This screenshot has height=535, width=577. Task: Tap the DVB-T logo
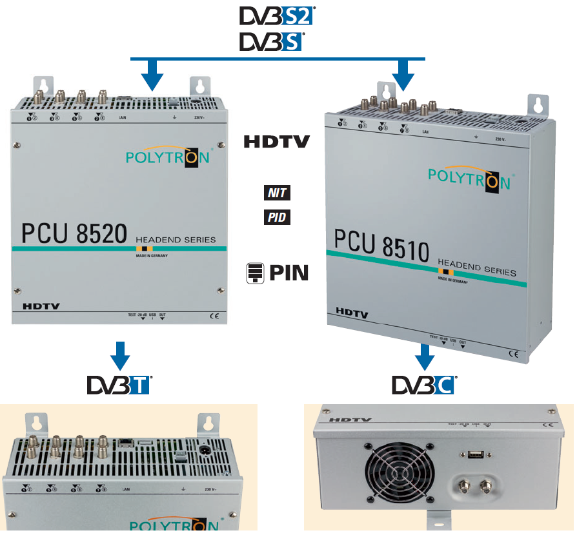[119, 385]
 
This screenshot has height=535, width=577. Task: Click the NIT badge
[276, 192]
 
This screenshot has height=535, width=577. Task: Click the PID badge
[276, 218]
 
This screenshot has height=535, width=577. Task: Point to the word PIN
[288, 273]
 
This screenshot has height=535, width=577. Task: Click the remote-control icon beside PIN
[256, 273]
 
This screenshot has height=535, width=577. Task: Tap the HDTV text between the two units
[278, 142]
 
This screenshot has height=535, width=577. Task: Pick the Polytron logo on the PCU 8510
[469, 177]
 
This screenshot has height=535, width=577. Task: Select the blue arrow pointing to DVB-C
[424, 356]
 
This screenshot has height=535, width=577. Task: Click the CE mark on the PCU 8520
[215, 316]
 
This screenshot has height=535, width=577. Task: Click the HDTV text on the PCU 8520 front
[41, 306]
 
